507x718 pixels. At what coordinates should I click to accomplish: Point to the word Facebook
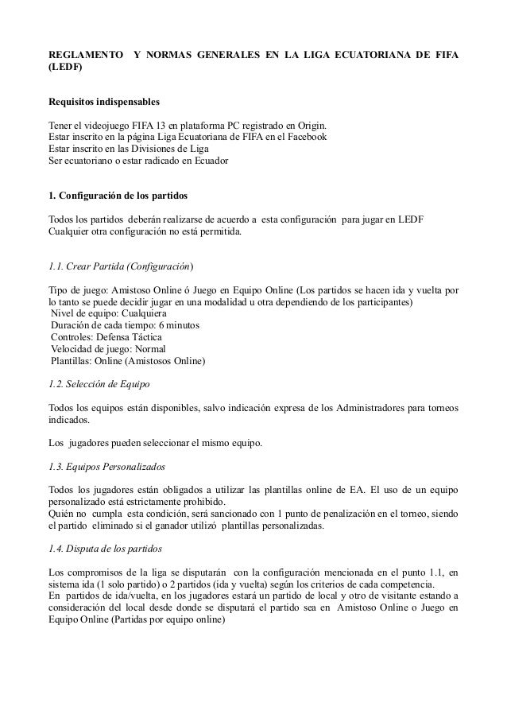tap(304, 138)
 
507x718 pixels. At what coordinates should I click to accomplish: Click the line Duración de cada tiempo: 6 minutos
tap(125, 326)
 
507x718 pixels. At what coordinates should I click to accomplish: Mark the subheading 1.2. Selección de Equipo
tap(99, 385)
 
